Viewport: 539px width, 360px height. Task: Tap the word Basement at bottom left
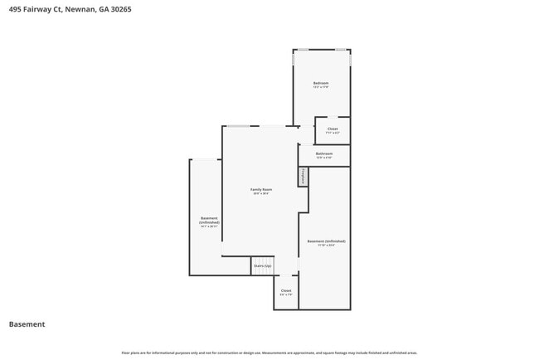point(27,324)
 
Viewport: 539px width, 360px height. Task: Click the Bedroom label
point(321,84)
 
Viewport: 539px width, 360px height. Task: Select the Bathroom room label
point(324,153)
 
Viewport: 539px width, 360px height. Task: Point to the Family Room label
point(261,189)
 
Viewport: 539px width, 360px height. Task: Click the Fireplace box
point(303,177)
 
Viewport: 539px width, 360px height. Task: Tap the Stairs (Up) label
point(262,265)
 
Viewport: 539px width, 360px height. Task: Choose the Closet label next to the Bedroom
point(333,129)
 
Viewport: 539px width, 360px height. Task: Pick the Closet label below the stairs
point(286,290)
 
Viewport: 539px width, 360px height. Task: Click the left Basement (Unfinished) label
point(209,221)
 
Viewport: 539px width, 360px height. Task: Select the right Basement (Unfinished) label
point(326,241)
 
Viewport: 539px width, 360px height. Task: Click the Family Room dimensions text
point(261,194)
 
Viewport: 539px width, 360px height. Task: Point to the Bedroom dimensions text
point(321,88)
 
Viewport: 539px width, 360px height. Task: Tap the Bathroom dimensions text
point(324,158)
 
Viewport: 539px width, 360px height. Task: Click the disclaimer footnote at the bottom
point(269,353)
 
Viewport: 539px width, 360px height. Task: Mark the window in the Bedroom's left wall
point(294,61)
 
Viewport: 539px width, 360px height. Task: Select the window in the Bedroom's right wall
point(350,61)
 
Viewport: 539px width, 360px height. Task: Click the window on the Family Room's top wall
point(238,126)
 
